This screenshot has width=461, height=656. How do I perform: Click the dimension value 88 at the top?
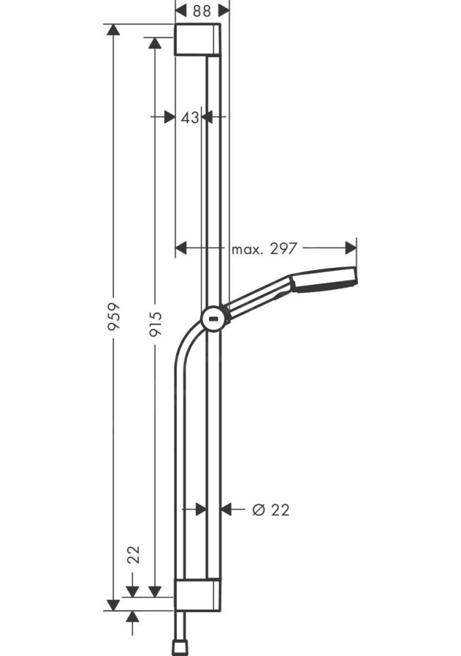pyautogui.click(x=201, y=11)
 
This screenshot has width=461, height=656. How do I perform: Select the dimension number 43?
pyautogui.click(x=190, y=118)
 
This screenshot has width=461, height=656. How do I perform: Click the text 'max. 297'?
pyautogui.click(x=264, y=249)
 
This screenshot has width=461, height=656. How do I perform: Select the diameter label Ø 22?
pyautogui.click(x=271, y=510)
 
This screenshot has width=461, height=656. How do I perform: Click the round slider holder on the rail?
pyautogui.click(x=213, y=319)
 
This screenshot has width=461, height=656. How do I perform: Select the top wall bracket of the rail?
pyautogui.click(x=197, y=40)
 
